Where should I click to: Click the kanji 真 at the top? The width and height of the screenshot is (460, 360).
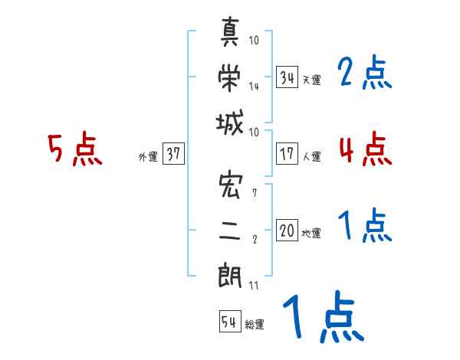[232, 33]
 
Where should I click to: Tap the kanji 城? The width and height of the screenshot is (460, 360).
[232, 123]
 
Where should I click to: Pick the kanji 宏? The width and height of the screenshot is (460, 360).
[232, 186]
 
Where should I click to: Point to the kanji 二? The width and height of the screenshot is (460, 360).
[232, 230]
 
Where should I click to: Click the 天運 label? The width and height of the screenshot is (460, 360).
[311, 80]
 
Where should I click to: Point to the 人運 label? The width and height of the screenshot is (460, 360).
[311, 156]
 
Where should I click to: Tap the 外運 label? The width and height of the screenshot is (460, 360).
[148, 157]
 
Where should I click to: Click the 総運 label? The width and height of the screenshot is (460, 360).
[254, 325]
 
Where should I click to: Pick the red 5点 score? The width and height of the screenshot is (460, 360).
[74, 150]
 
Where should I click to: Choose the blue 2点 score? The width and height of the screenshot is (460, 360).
[364, 74]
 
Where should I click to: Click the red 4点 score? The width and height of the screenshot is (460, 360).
[365, 149]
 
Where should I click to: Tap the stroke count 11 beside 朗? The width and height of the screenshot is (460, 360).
[254, 286]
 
